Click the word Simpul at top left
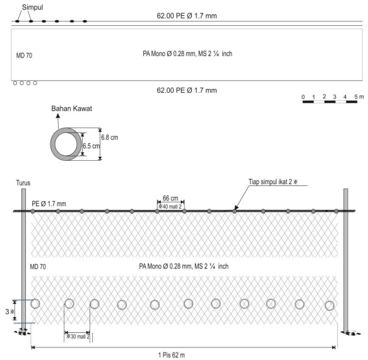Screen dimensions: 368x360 click(x=32, y=8)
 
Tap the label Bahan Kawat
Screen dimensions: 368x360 click(x=71, y=108)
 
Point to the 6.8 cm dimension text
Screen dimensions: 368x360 click(x=110, y=137)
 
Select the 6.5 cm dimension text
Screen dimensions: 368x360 click(x=92, y=146)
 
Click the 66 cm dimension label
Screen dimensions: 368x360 click(x=170, y=198)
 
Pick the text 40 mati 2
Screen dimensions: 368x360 click(x=170, y=207)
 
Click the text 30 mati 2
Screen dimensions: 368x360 click(x=78, y=337)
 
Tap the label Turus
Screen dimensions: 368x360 click(x=23, y=183)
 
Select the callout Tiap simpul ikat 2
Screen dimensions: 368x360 click(x=273, y=182)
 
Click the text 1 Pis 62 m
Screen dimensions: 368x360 click(x=172, y=355)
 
